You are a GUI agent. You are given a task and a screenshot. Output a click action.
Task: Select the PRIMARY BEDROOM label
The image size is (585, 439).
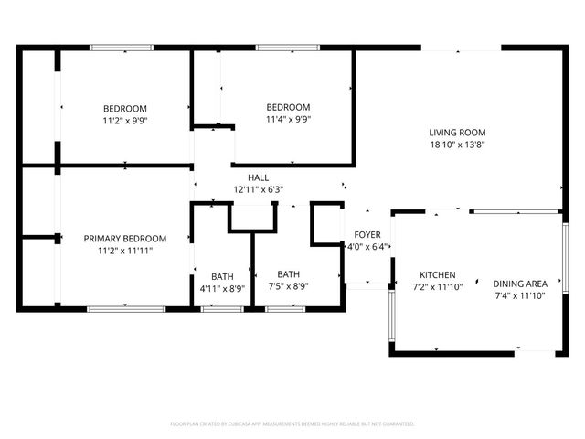(125, 238)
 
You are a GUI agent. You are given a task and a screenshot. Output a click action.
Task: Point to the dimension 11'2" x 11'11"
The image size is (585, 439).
(125, 250)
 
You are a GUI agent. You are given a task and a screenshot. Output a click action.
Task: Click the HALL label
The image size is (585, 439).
(259, 177)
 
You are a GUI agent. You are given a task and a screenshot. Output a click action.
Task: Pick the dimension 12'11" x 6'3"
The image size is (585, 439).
(259, 189)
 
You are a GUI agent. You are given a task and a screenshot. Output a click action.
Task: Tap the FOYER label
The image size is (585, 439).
(367, 234)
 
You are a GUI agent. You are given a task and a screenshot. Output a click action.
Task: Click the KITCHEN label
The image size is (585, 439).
(438, 274)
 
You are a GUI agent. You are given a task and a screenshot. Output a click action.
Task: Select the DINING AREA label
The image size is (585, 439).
(520, 284)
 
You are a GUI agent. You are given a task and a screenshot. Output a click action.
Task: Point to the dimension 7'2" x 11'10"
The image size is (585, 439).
(438, 286)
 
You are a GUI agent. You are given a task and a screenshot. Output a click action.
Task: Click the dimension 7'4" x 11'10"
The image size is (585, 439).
(520, 295)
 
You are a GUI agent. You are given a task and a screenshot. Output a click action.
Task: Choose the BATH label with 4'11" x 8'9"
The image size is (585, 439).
(222, 276)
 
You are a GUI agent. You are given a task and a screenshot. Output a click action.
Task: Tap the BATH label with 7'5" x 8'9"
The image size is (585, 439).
(289, 273)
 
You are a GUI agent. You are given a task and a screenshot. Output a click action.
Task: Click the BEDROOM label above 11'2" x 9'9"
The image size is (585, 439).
(125, 109)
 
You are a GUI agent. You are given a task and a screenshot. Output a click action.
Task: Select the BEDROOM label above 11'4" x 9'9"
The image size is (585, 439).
(288, 107)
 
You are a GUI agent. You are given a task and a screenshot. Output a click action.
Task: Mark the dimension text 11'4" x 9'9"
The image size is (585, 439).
(288, 119)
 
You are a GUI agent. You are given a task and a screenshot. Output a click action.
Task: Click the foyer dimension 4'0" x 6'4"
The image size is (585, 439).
(367, 246)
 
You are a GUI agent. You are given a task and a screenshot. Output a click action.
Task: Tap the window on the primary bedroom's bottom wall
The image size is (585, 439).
(126, 309)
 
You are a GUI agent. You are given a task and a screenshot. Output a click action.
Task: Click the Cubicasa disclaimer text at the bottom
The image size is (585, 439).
(292, 424)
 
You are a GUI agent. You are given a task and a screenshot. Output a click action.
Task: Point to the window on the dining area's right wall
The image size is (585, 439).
(560, 282)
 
